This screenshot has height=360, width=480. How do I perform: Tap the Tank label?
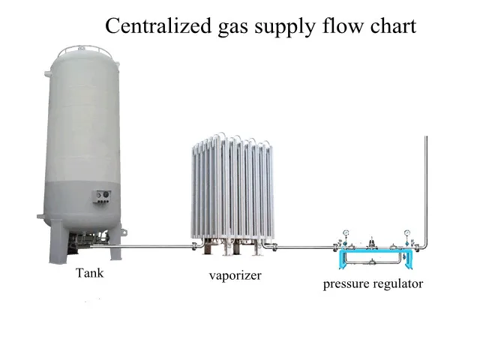(89, 273)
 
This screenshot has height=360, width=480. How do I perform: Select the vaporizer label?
(235, 276)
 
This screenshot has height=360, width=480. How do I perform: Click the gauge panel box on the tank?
(101, 197)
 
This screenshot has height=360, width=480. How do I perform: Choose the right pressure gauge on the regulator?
(407, 232)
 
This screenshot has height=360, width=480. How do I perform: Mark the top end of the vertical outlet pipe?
(425, 137)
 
